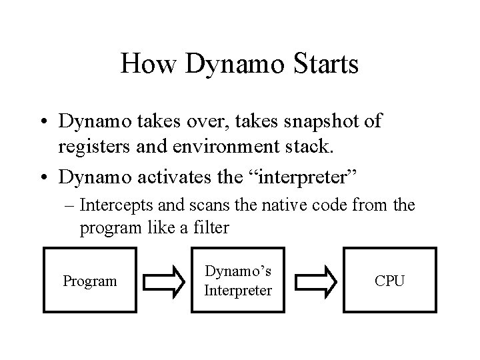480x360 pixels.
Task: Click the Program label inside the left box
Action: pyautogui.click(x=89, y=281)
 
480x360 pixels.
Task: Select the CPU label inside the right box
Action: pyautogui.click(x=389, y=281)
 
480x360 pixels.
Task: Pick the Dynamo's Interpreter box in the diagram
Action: pyautogui.click(x=238, y=280)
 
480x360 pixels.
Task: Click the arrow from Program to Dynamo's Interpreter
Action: pyautogui.click(x=164, y=280)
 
